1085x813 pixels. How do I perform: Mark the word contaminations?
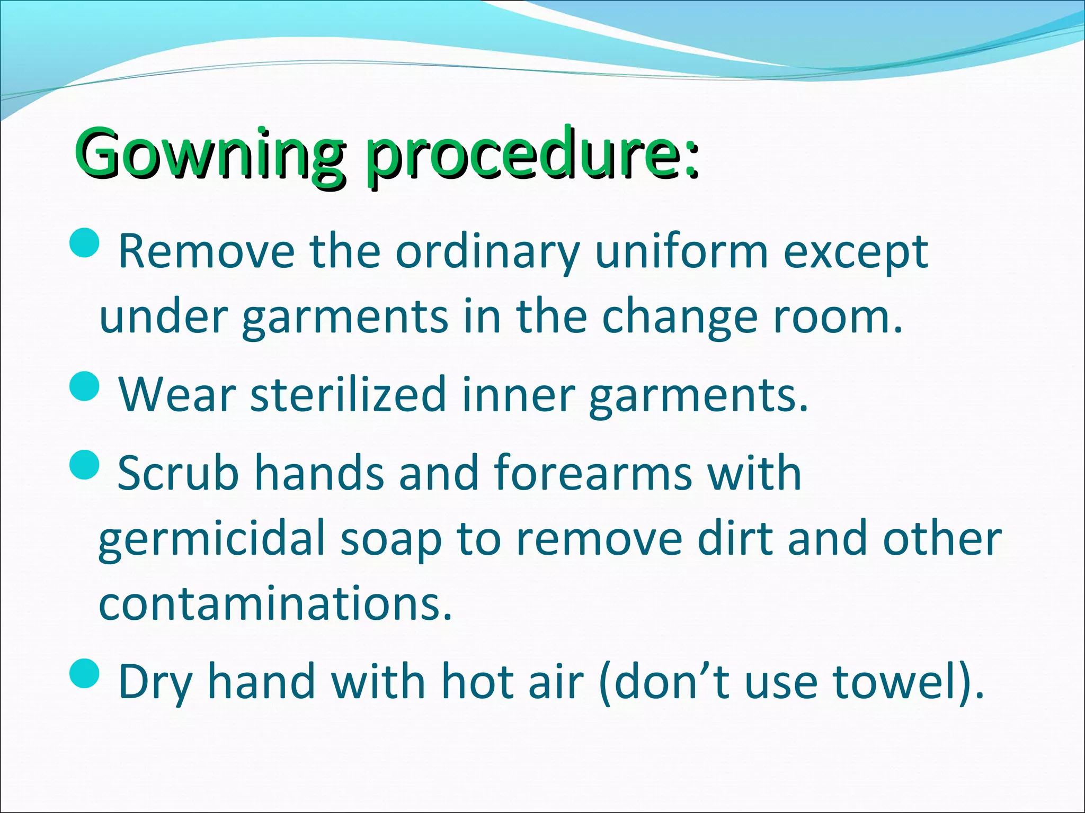pyautogui.click(x=275, y=603)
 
